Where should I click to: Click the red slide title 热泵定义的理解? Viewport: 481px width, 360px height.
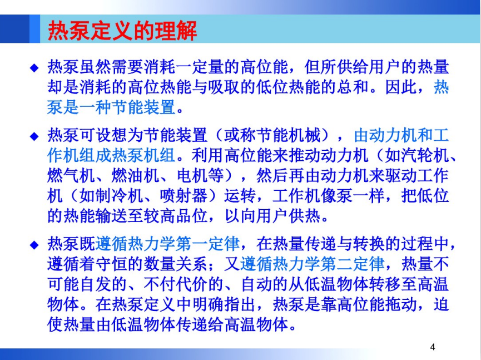click(122, 31)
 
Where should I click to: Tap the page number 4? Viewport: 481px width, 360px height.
click(433, 347)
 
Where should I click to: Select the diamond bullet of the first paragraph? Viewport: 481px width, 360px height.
click(34, 67)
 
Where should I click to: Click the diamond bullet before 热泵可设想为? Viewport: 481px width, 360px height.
click(34, 136)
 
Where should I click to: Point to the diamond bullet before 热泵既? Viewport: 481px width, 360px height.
click(34, 245)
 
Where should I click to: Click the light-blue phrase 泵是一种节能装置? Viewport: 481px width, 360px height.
click(111, 107)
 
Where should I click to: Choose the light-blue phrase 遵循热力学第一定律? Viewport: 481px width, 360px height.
click(167, 244)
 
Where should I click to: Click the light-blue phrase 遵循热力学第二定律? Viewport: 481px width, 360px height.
click(312, 264)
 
